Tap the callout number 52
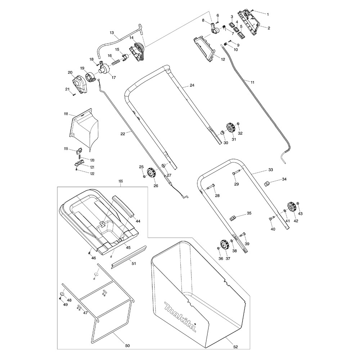tap(235, 347)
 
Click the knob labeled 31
tap(230, 128)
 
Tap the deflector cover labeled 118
tap(84, 128)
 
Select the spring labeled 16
tap(116, 62)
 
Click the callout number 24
tap(192, 85)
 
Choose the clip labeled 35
tap(233, 218)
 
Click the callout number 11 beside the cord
tap(252, 82)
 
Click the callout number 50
tap(127, 346)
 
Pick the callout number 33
tap(271, 170)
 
